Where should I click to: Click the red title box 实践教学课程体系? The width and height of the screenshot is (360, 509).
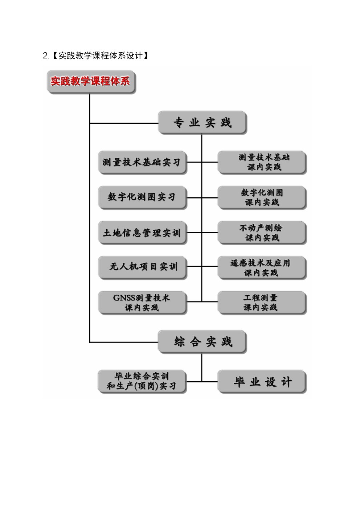[91, 82]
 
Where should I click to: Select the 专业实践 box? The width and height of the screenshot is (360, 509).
[202, 123]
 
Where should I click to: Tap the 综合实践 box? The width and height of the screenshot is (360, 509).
[202, 341]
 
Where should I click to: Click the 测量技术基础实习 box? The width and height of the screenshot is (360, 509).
[143, 163]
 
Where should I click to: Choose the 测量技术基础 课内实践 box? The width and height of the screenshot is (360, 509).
[262, 163]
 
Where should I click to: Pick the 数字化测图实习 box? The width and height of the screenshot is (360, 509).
[143, 197]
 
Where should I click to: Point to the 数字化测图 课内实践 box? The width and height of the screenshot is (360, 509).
[262, 197]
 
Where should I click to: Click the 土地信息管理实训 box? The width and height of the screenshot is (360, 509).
[143, 233]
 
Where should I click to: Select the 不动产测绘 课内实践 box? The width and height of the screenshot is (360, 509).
[262, 233]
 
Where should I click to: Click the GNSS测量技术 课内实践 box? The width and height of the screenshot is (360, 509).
[143, 303]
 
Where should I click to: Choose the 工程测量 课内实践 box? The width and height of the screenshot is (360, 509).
[262, 303]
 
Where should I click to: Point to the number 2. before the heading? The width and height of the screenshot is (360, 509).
[46, 56]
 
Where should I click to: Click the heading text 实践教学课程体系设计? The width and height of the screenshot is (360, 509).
[101, 56]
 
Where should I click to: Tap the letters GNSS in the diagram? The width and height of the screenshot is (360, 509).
[124, 298]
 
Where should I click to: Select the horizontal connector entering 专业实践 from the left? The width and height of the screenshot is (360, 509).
[124, 123]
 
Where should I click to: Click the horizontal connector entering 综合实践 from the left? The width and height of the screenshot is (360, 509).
[124, 342]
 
